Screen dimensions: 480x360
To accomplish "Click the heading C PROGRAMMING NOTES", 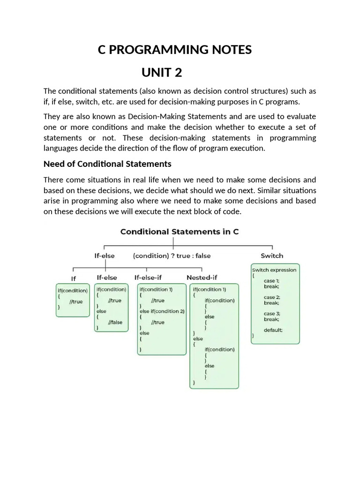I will [x=174, y=50].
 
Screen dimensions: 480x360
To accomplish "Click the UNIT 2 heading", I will [x=162, y=73].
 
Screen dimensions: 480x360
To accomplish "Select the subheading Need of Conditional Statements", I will [x=107, y=164].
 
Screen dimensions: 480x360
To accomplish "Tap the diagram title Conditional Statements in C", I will [x=180, y=232].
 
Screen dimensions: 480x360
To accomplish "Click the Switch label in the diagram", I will [x=272, y=255].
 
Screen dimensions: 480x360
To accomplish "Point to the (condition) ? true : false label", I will [x=172, y=256].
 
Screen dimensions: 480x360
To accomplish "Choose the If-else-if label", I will [x=148, y=277].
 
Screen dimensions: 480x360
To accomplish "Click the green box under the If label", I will [x=73, y=300].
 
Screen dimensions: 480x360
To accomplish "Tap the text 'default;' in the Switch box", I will [x=273, y=330].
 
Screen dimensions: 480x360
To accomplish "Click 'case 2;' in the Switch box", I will [x=272, y=297].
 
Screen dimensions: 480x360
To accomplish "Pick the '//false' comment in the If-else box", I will [x=115, y=322].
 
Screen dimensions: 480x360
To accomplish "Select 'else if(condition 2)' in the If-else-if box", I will [x=162, y=311].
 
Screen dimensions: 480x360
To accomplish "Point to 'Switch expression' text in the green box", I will [x=274, y=270].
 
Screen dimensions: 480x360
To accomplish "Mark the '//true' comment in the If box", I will [x=76, y=301].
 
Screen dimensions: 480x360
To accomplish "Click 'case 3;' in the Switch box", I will [x=272, y=314].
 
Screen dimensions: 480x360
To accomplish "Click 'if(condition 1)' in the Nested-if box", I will [x=209, y=290].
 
